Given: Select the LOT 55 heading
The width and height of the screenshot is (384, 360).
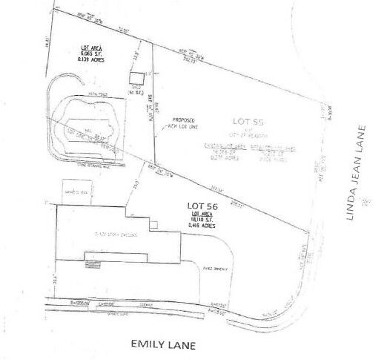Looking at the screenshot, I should pos(246,119).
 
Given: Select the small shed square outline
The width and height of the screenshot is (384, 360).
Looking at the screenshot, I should pos(136,77).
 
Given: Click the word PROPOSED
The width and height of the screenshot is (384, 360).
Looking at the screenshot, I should pos(182,118).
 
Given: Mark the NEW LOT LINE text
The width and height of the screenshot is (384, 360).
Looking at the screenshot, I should pos(182,124).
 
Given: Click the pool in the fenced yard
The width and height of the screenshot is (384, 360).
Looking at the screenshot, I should pos(85,128).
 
